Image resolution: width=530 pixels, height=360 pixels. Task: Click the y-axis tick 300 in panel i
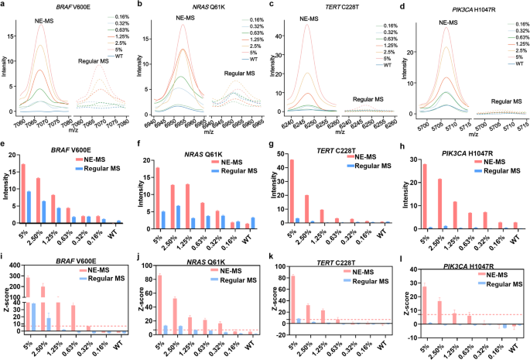[x=12, y=265]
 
